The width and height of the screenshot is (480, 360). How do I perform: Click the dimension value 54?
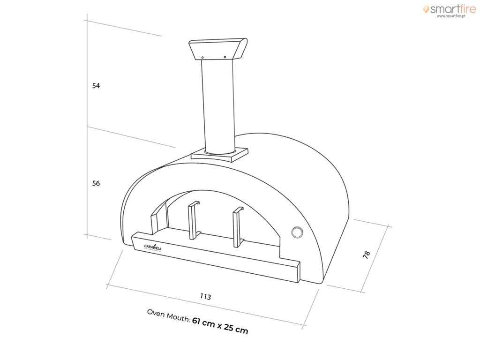pos(96,86)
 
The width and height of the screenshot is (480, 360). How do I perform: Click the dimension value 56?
pos(96,183)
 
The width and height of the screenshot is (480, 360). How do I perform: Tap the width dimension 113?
pos(205,297)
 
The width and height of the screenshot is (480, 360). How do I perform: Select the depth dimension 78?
pos(367,254)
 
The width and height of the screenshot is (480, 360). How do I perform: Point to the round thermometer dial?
pos(297,231)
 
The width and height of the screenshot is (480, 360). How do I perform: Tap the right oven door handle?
pos(237,227)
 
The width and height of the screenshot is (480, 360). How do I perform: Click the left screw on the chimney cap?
pos(202,58)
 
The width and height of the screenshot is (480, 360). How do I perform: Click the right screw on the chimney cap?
pos(225,57)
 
